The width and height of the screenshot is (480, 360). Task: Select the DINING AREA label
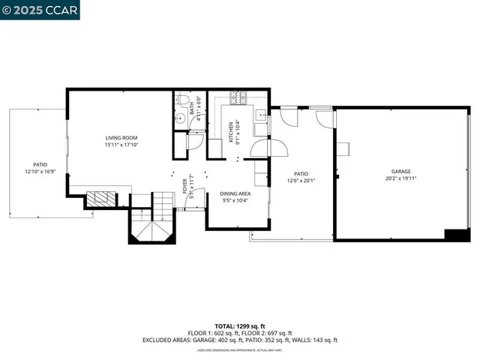click(235, 193)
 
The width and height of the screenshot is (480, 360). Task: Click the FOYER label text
click(185, 185)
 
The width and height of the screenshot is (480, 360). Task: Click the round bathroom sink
click(181, 119)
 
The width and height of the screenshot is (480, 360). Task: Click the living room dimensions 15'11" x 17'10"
click(121, 145)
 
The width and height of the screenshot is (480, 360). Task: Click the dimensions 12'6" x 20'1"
click(301, 180)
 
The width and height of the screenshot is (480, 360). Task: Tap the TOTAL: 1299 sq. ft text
click(240, 326)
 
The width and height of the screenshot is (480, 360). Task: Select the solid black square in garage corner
click(457, 235)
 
